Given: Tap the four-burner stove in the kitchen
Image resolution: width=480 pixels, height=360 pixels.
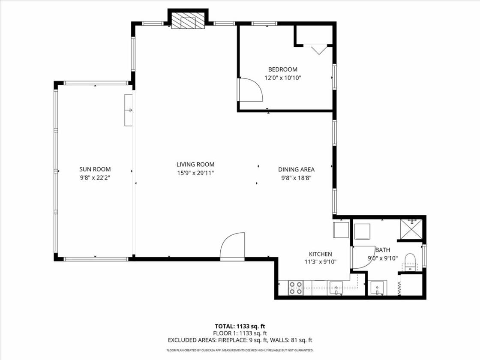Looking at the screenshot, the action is pos(296,288).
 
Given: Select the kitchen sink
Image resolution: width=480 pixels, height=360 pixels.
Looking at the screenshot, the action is pos(336,288).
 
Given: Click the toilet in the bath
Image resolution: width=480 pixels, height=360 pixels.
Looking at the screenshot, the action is pos(410,262).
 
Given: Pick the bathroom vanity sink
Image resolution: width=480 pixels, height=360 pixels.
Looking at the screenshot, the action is pos(378,288).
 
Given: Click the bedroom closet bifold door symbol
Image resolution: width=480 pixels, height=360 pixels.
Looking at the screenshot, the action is pos(319,50).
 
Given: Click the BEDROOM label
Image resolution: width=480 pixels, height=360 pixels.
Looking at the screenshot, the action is pos(282,69).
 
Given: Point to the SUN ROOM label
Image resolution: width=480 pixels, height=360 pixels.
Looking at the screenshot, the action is pos(95,169).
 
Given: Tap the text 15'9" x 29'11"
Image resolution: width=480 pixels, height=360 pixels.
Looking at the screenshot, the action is pos(195,173).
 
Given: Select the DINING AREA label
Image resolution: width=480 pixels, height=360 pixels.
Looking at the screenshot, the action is pos(296,169).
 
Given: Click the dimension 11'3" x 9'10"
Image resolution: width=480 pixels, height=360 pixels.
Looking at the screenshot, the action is pos(321,262).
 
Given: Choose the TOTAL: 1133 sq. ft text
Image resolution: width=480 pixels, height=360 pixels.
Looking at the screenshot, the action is pos(240,326).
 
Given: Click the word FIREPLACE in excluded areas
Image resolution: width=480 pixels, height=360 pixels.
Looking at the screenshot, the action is pos(232,340).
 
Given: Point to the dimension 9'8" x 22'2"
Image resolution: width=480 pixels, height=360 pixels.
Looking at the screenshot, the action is pos(95,178).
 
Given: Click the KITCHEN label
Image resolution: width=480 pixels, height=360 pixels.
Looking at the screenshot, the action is pos(320,254).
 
